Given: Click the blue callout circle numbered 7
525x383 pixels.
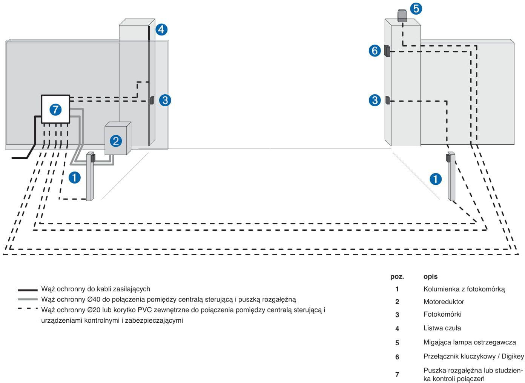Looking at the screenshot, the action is (55, 110).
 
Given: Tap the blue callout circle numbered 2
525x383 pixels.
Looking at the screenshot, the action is (116, 141).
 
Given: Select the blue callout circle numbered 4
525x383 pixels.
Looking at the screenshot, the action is (161, 29).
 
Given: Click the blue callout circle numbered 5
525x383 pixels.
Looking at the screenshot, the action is (416, 9).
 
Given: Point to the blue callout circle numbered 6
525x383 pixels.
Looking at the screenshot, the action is (375, 51).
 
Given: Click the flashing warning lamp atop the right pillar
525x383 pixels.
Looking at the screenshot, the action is (402, 16).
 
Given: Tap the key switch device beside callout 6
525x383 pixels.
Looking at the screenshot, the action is (387, 51).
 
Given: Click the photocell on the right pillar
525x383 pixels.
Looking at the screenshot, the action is (387, 100).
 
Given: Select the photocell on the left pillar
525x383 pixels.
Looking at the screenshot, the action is (152, 100).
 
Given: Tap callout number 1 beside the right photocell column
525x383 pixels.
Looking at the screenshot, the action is (436, 179).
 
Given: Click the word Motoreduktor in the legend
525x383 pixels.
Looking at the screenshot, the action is (444, 302).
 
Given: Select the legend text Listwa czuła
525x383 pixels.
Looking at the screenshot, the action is (442, 328).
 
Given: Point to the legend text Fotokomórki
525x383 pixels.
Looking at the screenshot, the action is (442, 314).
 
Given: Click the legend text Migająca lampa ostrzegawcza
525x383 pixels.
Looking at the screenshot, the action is (470, 342).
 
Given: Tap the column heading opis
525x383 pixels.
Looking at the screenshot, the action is (430, 277).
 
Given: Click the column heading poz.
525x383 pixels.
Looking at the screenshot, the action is (397, 277).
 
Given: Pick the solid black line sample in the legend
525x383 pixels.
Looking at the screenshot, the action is (28, 290).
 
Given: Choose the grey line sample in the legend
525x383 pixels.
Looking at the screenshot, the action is (28, 299).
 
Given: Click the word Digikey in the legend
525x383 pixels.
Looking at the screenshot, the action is (513, 357).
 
